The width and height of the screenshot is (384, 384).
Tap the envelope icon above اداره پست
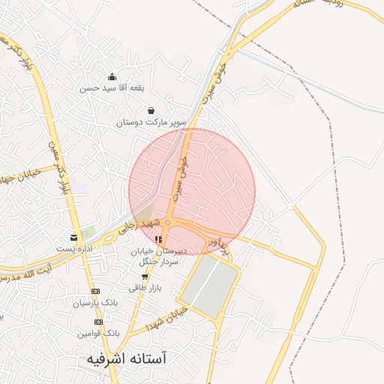pyautogui.click(x=73, y=236)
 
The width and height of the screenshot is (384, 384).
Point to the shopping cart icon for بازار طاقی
pyautogui.click(x=144, y=277)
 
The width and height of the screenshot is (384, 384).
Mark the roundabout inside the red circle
pyautogui.click(x=169, y=223)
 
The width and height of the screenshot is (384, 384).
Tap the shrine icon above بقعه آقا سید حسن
pyautogui.click(x=112, y=76)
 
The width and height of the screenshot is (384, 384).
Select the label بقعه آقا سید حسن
pyautogui.click(x=112, y=88)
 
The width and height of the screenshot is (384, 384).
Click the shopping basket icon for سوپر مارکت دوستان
pyautogui.click(x=151, y=110)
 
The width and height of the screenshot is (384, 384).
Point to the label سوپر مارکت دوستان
pyautogui.click(x=151, y=121)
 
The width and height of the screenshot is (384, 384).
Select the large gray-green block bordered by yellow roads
pyautogui.click(x=208, y=286)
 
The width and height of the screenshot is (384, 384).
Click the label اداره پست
pyautogui.click(x=73, y=247)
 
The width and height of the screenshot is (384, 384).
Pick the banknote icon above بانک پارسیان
pyautogui.click(x=95, y=291)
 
